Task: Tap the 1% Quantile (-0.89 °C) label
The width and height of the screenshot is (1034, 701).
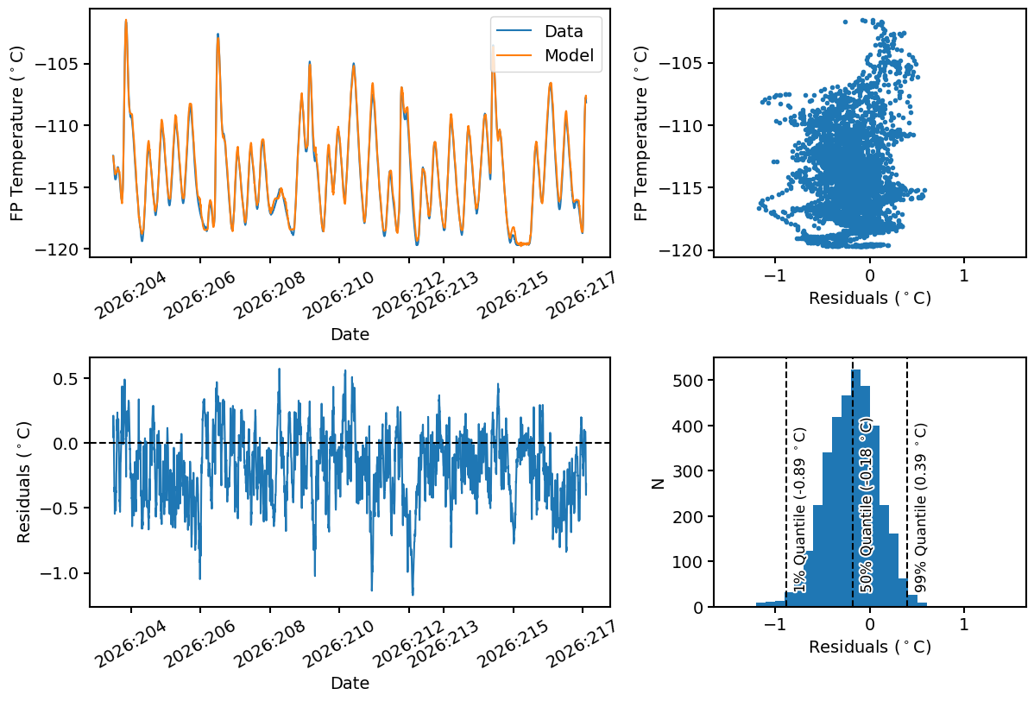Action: [x=799, y=509]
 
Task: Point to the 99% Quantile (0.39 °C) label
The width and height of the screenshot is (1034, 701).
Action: [x=921, y=508]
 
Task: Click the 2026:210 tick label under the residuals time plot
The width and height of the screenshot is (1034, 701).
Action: [x=339, y=643]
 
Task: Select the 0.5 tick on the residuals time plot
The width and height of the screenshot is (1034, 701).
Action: [x=65, y=378]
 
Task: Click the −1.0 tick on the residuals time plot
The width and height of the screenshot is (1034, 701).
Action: [x=59, y=574]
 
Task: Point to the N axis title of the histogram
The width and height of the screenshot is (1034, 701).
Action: [x=658, y=483]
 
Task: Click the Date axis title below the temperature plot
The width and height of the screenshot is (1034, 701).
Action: [x=350, y=334]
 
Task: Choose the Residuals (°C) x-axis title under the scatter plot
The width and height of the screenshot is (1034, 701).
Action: [x=870, y=298]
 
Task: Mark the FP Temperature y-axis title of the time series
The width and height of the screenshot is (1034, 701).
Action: [x=16, y=133]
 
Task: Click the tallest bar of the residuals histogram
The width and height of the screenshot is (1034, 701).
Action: [x=856, y=488]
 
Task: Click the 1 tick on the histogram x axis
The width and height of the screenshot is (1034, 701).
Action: [x=964, y=624]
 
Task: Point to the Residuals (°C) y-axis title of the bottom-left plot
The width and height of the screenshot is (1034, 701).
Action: [x=24, y=482]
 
